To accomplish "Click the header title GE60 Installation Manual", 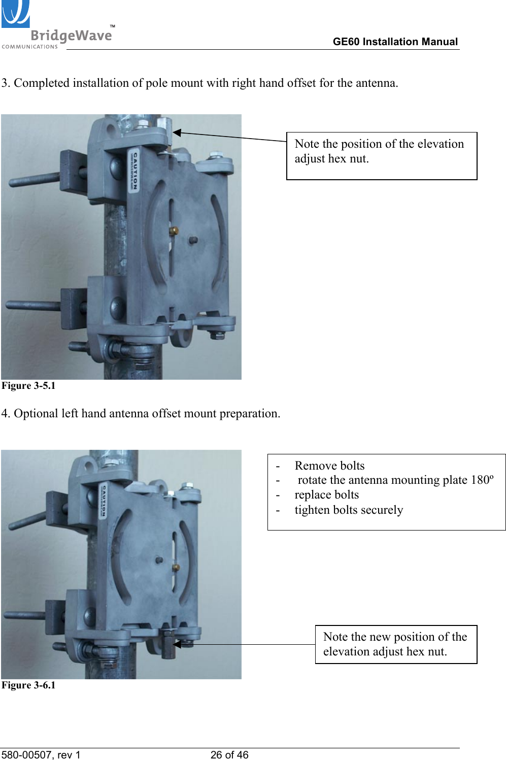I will pos(395,42).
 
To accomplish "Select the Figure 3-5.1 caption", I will pos(28,386).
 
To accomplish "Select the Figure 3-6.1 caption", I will pos(28,685).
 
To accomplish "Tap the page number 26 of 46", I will pos(229,755).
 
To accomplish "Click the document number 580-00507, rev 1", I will pos(41,755).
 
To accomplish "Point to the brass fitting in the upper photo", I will pos(174,231).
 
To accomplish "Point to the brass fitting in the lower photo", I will pos(176,567).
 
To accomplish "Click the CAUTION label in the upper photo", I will pos(135,170).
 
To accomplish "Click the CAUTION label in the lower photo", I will pos(104,500).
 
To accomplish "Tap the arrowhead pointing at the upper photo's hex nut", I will pos(177,133).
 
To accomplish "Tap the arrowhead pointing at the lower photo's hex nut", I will pos(177,644).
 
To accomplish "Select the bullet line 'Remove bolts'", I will pos(329,466).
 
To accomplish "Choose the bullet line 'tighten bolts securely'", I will pos(349,510).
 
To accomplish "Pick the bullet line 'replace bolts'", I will pos(326,494).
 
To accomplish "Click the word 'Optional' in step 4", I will pos(36,414).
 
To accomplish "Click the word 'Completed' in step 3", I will pos(42,83).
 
